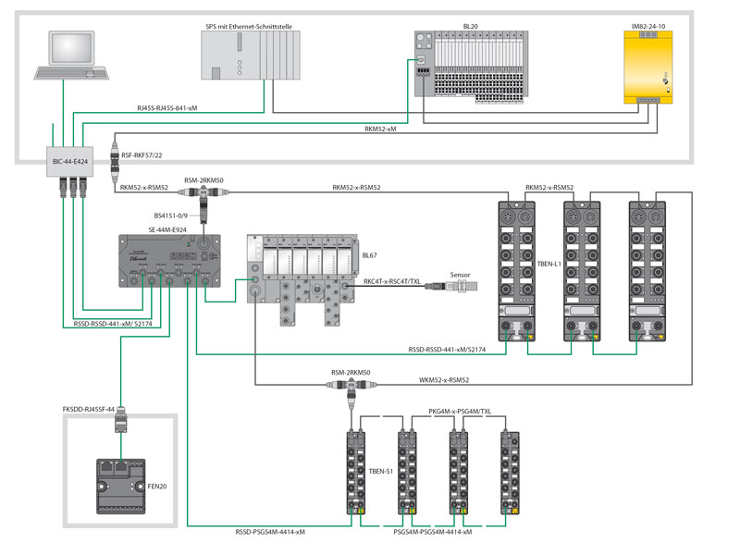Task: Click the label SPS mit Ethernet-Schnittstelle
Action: pyautogui.click(x=248, y=28)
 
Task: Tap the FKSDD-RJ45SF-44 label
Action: pyautogui.click(x=88, y=409)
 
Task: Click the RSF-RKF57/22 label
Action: pyautogui.click(x=142, y=156)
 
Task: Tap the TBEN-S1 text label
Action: pyautogui.click(x=381, y=472)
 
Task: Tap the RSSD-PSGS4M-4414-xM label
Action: pyautogui.click(x=271, y=532)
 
